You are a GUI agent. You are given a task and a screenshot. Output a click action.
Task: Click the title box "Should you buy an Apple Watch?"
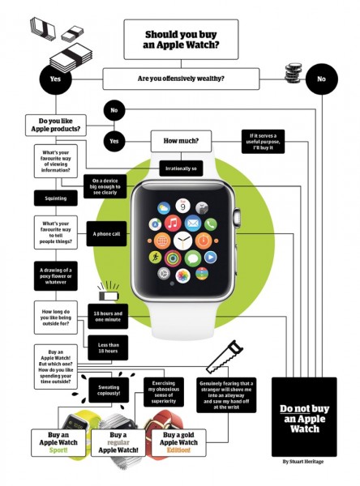click(180, 40)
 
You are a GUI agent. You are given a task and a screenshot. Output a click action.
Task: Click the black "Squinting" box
click(55, 198)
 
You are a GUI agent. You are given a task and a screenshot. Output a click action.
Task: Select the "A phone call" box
click(105, 233)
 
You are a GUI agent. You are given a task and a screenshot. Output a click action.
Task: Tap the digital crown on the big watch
click(237, 216)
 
